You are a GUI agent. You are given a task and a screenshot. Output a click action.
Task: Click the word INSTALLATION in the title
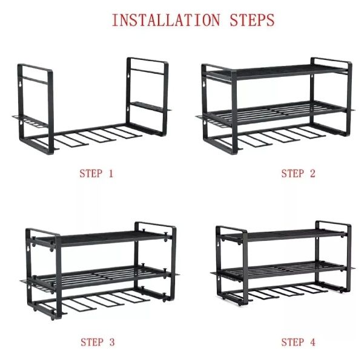(x=166, y=20)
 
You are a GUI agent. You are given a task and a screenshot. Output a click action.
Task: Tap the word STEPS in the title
(x=252, y=20)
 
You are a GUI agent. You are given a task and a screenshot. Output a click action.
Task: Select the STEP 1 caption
(x=96, y=174)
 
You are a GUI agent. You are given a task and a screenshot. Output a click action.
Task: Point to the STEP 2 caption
(x=299, y=174)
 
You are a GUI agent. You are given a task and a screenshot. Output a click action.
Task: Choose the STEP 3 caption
(x=98, y=342)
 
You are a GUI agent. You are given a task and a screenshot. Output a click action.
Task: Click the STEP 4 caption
(x=299, y=342)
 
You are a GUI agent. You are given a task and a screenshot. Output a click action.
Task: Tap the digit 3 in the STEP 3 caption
(x=111, y=342)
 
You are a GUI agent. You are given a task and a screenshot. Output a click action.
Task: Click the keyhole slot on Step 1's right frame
(x=128, y=76)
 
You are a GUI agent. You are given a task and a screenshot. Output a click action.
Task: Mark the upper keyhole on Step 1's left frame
(x=20, y=84)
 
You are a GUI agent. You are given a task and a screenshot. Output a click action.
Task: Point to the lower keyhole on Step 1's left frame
(x=21, y=122)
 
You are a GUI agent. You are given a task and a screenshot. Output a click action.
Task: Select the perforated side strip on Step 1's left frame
(x=30, y=121)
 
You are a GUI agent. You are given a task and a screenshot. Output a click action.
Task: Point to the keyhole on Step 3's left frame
(x=28, y=249)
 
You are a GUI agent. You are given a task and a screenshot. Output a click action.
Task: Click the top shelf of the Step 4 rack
(x=285, y=235)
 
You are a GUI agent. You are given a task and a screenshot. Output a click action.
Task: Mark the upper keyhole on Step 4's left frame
(x=218, y=244)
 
